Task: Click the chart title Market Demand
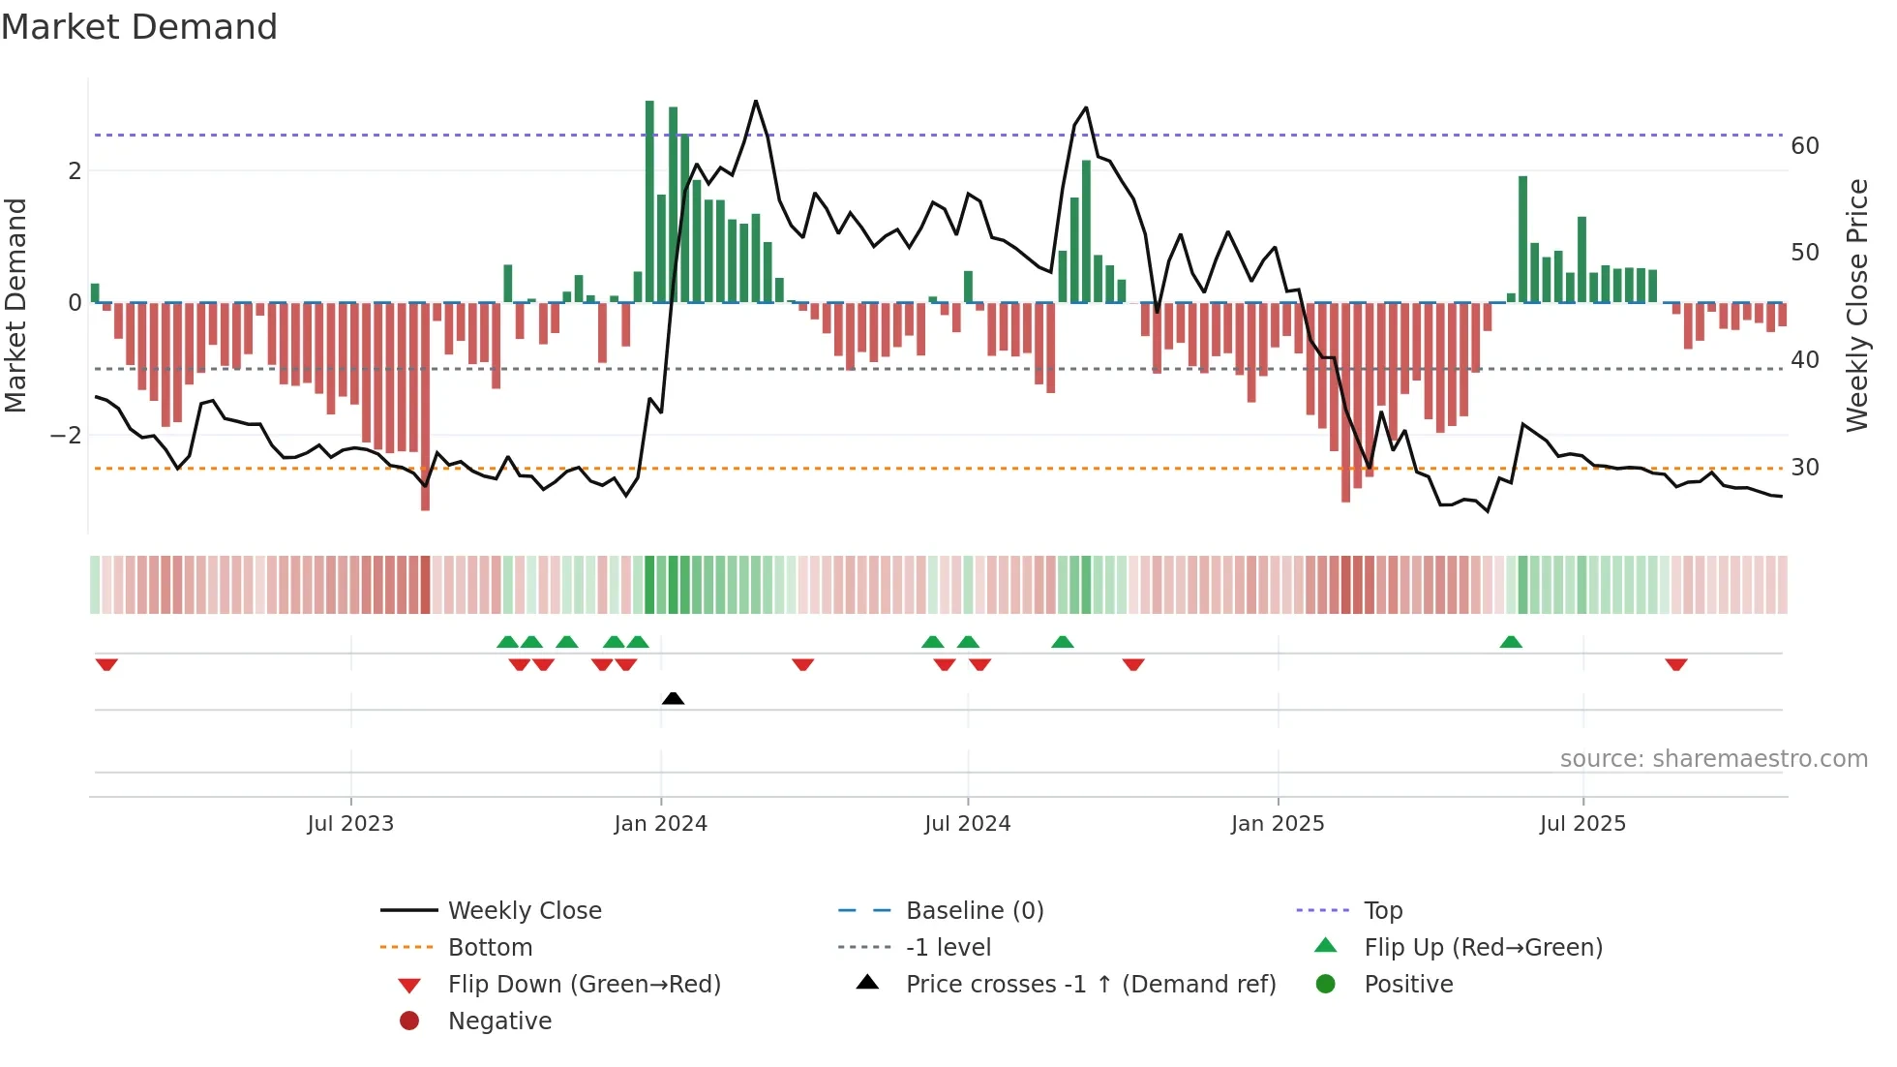coord(139,27)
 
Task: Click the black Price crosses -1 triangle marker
coord(673,698)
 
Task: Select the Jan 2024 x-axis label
coord(660,824)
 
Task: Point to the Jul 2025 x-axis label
coord(1582,824)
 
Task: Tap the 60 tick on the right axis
coord(1805,146)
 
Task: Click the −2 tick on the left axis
coord(66,436)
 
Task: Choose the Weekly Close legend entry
coord(524,911)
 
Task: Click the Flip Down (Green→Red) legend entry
coord(584,985)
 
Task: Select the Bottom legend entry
coord(490,948)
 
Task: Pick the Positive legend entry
coord(1408,985)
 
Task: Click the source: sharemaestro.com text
coord(1713,759)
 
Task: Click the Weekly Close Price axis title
coord(1856,305)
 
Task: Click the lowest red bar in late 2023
coord(425,407)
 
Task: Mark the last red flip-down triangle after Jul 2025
coord(1676,665)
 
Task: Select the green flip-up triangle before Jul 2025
coord(1511,642)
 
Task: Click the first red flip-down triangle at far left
coord(106,665)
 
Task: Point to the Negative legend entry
coord(499,1021)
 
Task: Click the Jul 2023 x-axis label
coord(350,824)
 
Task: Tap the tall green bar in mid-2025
coord(1522,239)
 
